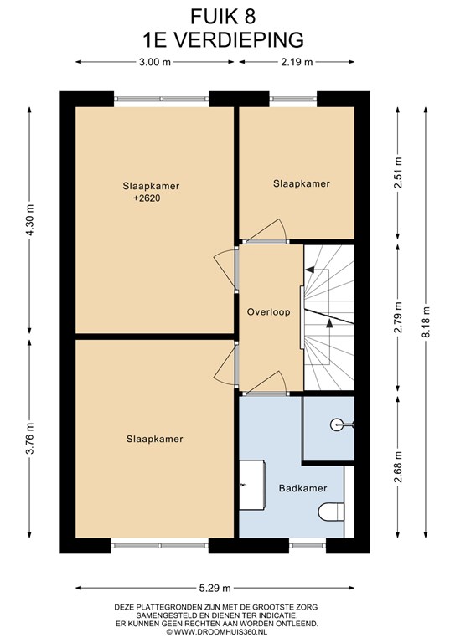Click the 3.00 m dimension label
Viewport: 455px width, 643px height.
[155, 62]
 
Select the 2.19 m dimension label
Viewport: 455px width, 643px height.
[297, 62]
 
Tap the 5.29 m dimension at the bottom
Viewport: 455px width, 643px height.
[215, 588]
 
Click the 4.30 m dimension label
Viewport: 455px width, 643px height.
[29, 219]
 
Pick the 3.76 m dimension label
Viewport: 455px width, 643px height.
[29, 438]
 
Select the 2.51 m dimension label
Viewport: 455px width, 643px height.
[397, 173]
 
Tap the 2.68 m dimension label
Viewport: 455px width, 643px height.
[397, 466]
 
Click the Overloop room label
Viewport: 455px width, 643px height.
[268, 312]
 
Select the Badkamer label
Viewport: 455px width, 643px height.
[302, 488]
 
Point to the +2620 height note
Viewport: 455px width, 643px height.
[147, 198]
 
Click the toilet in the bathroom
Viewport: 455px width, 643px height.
[331, 512]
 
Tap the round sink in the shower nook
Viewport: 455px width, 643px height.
[336, 424]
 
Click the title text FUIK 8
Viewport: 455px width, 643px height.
[223, 18]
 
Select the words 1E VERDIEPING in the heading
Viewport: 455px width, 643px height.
[223, 40]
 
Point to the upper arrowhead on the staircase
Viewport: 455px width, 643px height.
[310, 270]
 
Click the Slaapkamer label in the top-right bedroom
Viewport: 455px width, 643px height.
[302, 183]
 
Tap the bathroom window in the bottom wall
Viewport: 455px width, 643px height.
[308, 545]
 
